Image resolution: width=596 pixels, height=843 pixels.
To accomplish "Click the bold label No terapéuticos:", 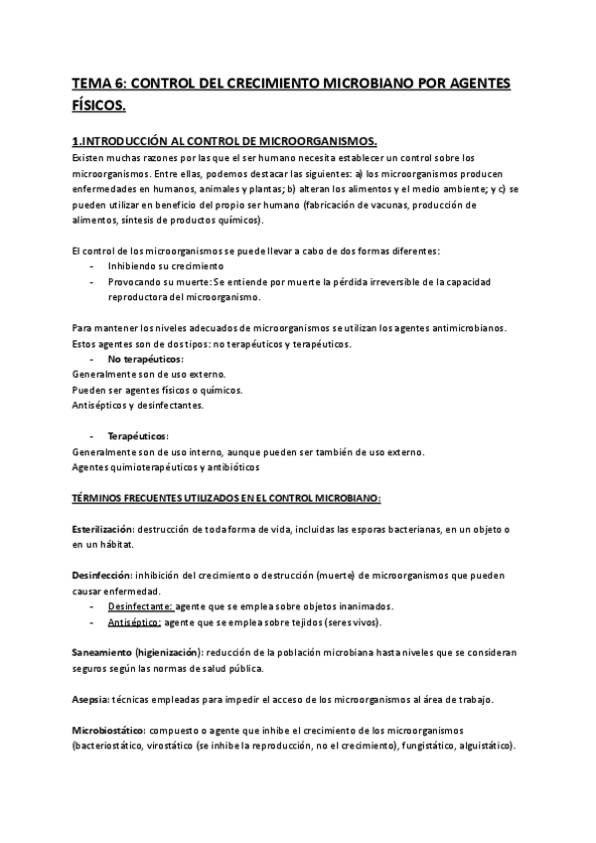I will click(x=146, y=358).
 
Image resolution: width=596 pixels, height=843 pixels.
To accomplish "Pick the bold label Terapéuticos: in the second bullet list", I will click(x=138, y=435).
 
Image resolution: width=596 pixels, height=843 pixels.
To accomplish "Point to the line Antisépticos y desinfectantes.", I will click(x=139, y=405).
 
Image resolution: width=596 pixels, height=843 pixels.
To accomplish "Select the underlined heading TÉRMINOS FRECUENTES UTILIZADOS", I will click(x=227, y=496).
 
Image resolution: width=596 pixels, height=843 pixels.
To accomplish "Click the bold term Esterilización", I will click(x=102, y=527).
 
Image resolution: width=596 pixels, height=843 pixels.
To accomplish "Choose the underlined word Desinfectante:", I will click(x=140, y=605).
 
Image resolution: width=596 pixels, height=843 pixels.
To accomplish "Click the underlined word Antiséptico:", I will click(x=134, y=621).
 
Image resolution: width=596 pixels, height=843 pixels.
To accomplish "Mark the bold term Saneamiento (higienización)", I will click(x=138, y=652).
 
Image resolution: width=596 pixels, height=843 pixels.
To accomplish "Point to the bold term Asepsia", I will click(x=90, y=699).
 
